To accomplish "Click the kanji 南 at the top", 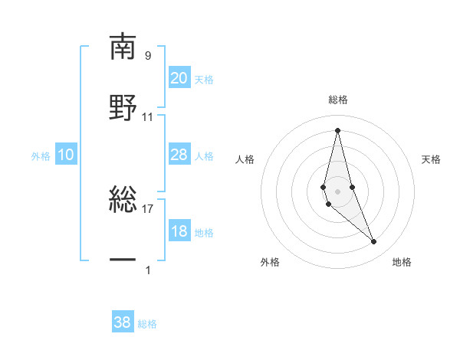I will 123,47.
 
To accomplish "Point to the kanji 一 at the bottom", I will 123,260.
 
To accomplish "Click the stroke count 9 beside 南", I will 148,56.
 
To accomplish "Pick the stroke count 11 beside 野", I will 148,117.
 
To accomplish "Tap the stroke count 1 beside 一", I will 148,270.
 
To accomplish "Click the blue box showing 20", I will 179,78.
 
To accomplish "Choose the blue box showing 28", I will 179,155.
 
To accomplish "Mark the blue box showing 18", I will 179,232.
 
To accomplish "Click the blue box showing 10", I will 65,155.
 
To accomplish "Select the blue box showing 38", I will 122,323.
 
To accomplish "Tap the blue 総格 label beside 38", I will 147,324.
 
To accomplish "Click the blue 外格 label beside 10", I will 41,156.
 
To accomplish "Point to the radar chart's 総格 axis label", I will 337,100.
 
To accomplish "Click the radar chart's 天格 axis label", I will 431,159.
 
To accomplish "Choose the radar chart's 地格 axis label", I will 402,262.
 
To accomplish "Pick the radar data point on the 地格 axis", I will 374,242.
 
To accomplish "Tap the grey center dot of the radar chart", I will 337,191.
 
